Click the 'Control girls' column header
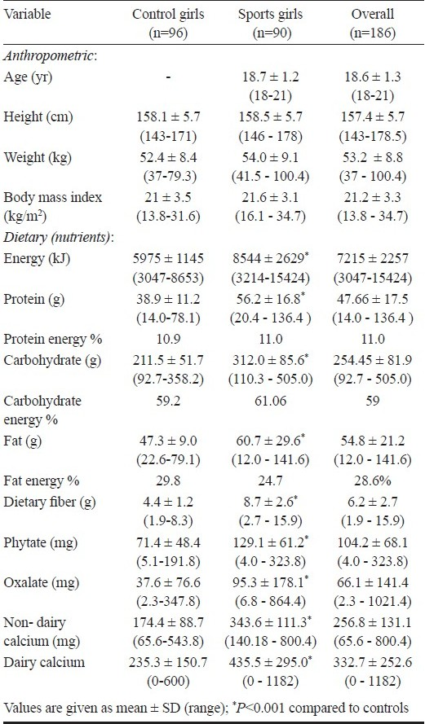168,15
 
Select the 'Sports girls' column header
270,15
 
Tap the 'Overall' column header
372,14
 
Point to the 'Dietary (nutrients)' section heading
59,239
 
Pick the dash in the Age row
168,77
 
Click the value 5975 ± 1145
168,259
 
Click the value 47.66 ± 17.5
372,299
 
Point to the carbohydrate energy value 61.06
270,401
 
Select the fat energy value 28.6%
372,481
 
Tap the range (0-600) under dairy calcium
168,682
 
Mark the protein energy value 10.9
168,340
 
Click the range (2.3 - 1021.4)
372,601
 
